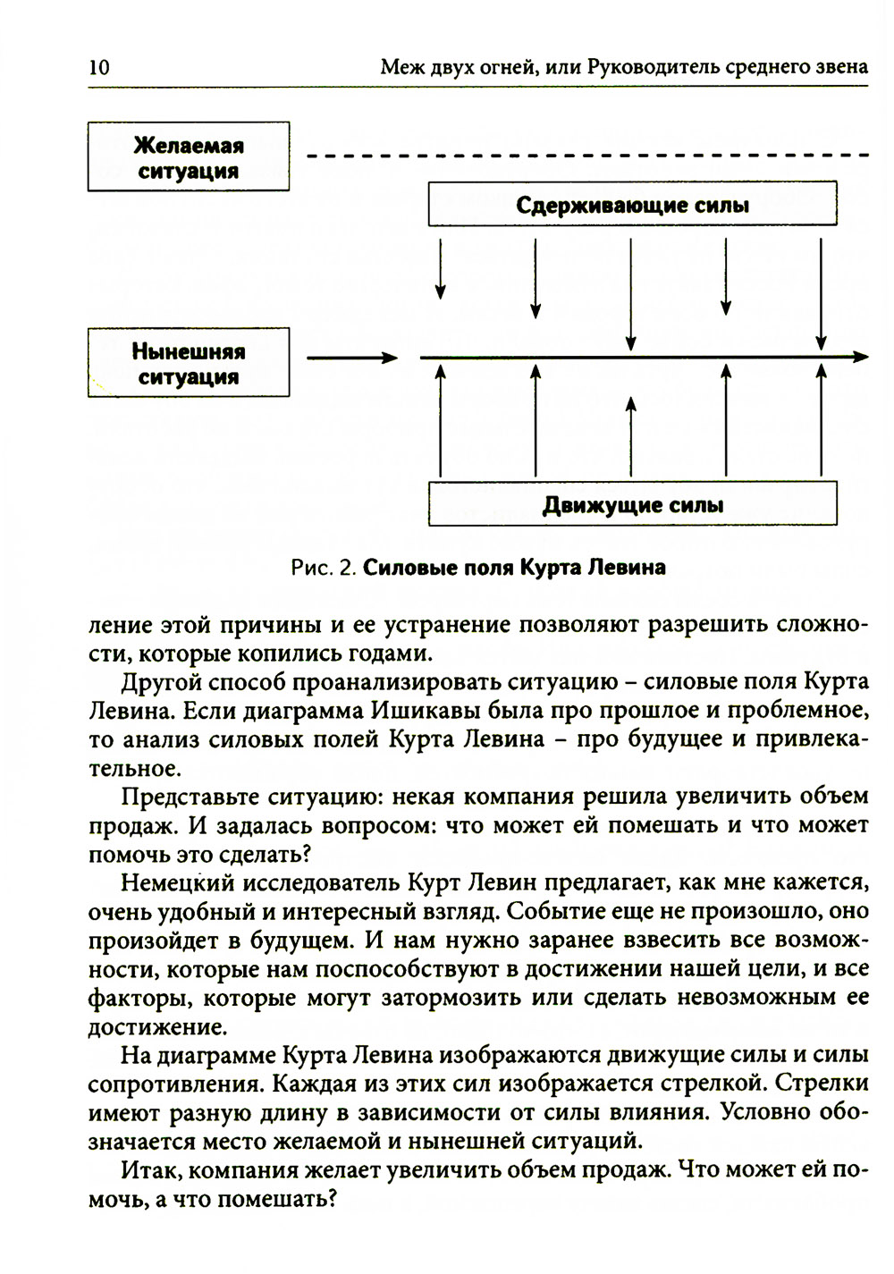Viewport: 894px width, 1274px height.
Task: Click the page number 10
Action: pyautogui.click(x=99, y=67)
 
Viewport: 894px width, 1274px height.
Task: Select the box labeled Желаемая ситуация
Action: pyautogui.click(x=189, y=157)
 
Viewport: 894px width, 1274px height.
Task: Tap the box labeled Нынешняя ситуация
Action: pyautogui.click(x=189, y=363)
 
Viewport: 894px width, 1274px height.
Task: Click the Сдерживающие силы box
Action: pyautogui.click(x=632, y=205)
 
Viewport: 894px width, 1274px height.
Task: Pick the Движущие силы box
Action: pyautogui.click(x=632, y=504)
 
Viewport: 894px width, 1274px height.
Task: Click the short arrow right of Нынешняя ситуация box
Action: pyautogui.click(x=351, y=359)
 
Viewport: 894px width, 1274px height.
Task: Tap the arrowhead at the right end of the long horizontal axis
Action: pyautogui.click(x=860, y=358)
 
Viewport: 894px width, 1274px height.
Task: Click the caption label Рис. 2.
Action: pyautogui.click(x=325, y=568)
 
